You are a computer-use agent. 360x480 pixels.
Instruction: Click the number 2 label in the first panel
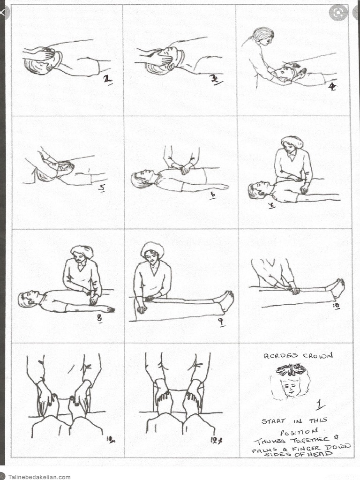108,80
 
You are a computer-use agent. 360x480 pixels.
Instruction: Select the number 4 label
332,87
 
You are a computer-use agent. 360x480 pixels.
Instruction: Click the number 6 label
213,195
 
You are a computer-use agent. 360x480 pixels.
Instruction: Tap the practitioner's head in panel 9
152,252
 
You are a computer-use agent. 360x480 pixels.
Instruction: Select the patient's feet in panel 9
227,300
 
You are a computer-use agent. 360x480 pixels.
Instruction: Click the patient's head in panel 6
142,179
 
